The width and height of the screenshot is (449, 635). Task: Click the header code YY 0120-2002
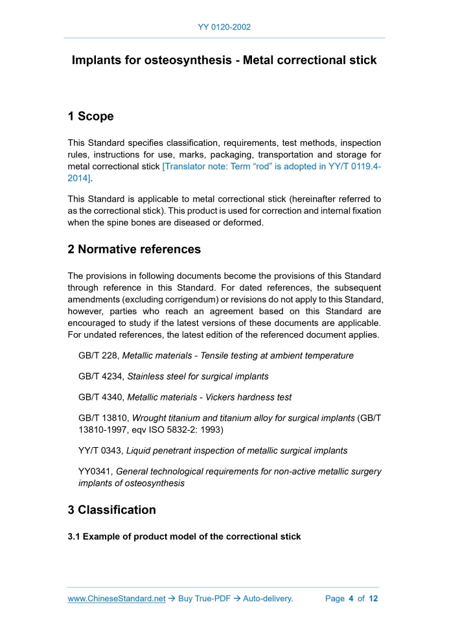pyautogui.click(x=224, y=27)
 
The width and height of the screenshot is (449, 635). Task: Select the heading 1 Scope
pyautogui.click(x=91, y=117)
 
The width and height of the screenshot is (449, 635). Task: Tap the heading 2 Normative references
pyautogui.click(x=134, y=249)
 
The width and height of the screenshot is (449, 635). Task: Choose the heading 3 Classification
pyautogui.click(x=111, y=510)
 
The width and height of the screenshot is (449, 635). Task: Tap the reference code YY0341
pyautogui.click(x=95, y=472)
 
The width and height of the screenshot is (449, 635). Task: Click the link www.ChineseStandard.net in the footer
pyautogui.click(x=117, y=599)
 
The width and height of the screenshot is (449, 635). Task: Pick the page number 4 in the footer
pyautogui.click(x=351, y=599)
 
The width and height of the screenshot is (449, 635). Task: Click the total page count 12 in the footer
pyautogui.click(x=373, y=599)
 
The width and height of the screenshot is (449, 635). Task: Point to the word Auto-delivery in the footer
pyautogui.click(x=268, y=599)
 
